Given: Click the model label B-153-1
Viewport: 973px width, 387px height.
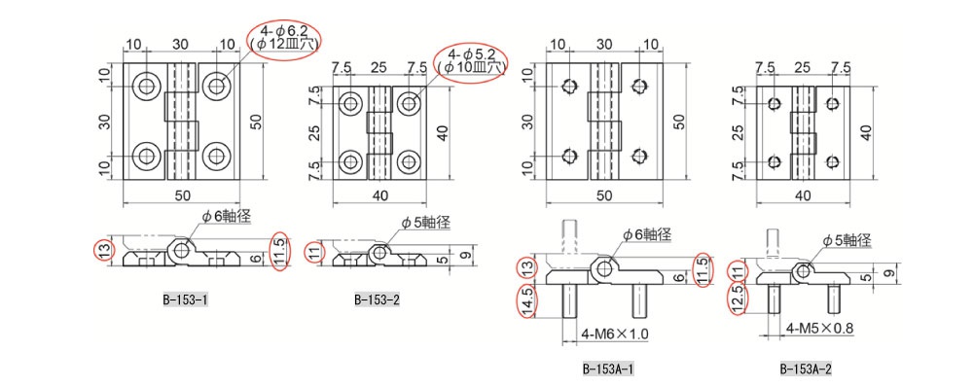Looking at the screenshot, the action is tap(185, 300).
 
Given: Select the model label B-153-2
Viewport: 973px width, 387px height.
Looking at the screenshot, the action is tap(378, 300).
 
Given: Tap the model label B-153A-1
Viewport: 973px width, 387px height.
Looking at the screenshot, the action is tap(609, 369).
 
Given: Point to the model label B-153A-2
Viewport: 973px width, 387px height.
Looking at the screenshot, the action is tap(806, 369).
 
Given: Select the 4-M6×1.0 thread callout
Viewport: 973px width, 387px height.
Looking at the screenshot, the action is tap(615, 334).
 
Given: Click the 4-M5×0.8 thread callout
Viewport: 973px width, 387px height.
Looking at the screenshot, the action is tap(819, 328).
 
